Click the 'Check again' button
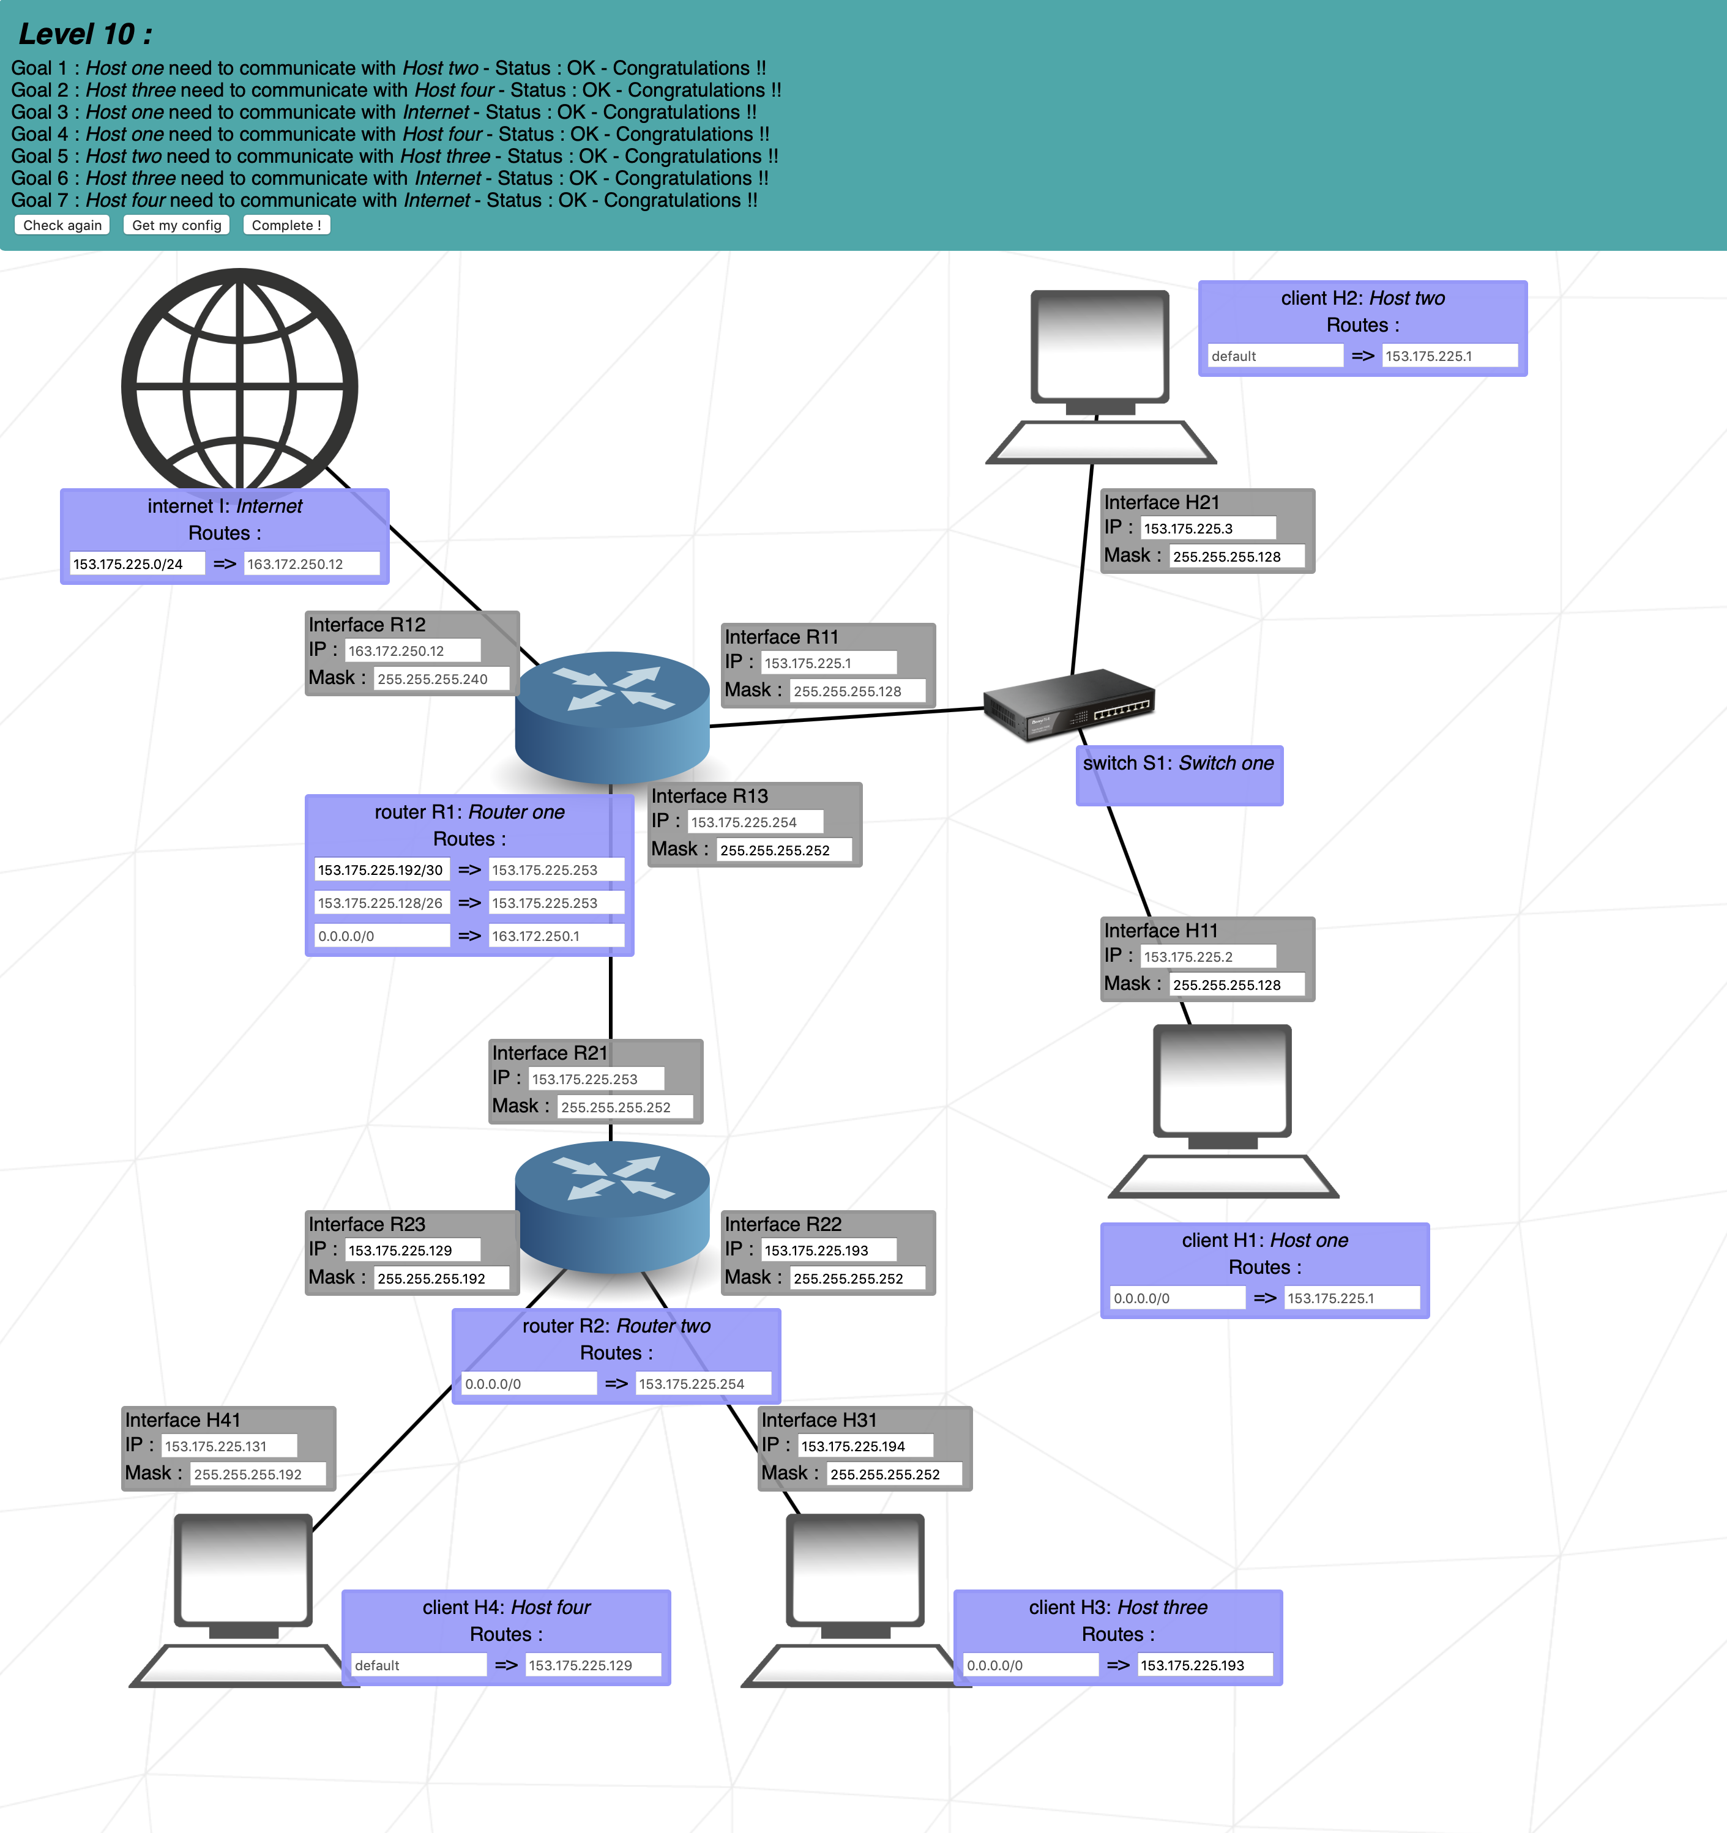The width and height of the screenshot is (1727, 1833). (x=62, y=225)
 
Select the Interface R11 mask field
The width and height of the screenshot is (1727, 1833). (x=857, y=691)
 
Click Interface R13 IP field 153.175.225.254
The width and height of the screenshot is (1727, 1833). (x=754, y=822)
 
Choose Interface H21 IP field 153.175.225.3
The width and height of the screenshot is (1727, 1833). (x=1207, y=529)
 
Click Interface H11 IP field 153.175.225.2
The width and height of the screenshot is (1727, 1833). (x=1207, y=957)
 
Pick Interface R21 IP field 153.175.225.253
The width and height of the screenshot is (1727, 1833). (x=595, y=1079)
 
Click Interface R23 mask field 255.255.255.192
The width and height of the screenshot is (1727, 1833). (x=441, y=1279)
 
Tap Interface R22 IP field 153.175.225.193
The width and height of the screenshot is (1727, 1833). (x=828, y=1251)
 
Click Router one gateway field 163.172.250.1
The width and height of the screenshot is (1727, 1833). (x=555, y=936)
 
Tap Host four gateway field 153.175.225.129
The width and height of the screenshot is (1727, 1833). (x=592, y=1665)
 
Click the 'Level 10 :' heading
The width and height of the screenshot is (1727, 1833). (x=85, y=34)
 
